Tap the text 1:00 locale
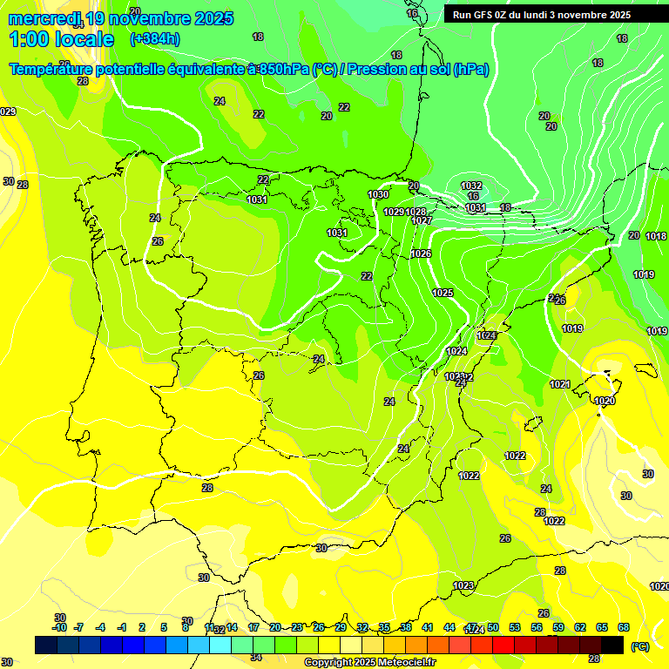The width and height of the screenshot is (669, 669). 61,39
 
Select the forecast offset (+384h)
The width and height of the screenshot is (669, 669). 154,39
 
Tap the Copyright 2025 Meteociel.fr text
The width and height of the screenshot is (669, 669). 369,663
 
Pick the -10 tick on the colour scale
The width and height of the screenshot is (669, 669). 59,627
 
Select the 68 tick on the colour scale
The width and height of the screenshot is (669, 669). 624,627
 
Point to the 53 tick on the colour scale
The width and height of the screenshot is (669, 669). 515,627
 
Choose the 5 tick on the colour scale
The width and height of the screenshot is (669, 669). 164,627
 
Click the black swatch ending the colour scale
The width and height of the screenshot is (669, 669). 613,645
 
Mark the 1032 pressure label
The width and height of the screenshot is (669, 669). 471,186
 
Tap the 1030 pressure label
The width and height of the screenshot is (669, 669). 378,194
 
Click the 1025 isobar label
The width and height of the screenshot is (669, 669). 443,293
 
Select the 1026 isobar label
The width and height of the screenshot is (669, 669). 421,253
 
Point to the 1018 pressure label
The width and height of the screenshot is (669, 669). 656,236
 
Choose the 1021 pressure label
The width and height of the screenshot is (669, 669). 559,384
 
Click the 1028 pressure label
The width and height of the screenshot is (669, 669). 416,212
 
